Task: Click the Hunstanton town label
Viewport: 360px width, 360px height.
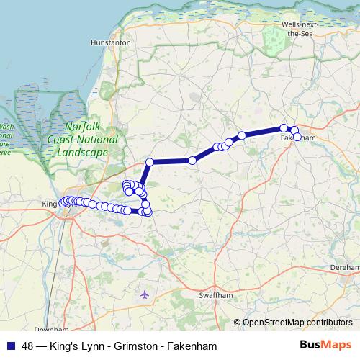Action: pyautogui.click(x=110, y=42)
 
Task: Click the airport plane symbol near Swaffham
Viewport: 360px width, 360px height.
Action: pyautogui.click(x=145, y=294)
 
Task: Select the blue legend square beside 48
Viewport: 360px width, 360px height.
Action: pyautogui.click(x=11, y=346)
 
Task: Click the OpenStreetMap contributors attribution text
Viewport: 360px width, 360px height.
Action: pyautogui.click(x=297, y=322)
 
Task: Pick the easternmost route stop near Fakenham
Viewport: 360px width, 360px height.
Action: pyautogui.click(x=297, y=137)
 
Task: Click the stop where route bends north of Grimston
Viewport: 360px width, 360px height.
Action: pyautogui.click(x=150, y=162)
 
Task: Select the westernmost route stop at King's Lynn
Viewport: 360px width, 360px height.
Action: pyautogui.click(x=63, y=204)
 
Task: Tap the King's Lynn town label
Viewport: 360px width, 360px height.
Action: pyautogui.click(x=48, y=204)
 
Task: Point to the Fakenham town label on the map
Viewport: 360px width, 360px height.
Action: pyautogui.click(x=301, y=136)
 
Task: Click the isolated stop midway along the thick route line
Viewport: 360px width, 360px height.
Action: pyautogui.click(x=192, y=161)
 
